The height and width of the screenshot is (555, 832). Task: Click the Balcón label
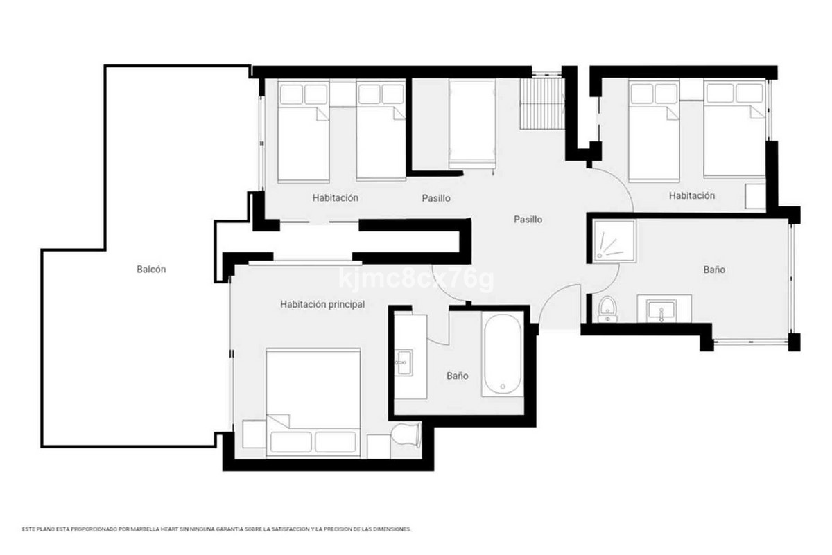click(151, 270)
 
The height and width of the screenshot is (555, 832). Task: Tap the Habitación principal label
click(322, 304)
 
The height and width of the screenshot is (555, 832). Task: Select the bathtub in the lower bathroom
click(503, 353)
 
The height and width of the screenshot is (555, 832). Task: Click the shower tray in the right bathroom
click(613, 242)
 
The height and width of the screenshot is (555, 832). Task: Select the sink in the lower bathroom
click(403, 362)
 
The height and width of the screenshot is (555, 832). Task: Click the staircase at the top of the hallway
click(541, 103)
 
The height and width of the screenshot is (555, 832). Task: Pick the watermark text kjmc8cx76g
click(416, 280)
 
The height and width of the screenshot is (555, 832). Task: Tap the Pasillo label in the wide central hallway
click(528, 220)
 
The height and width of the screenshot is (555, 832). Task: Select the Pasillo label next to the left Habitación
click(436, 198)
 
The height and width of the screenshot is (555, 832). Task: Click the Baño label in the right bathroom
click(714, 270)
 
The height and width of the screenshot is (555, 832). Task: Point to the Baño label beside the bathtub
click(457, 376)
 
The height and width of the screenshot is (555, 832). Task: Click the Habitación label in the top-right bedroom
click(691, 196)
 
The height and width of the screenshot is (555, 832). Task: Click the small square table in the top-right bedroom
click(755, 197)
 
